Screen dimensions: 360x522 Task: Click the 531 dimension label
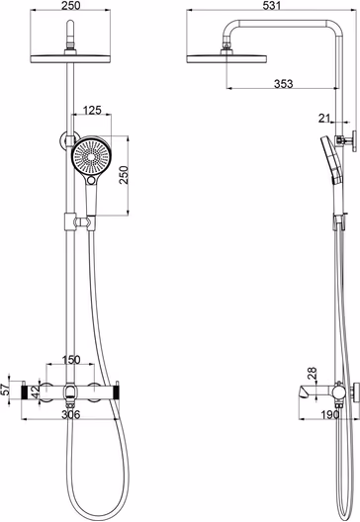[272, 5]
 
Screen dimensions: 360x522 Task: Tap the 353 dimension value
[284, 84]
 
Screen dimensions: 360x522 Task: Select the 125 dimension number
[92, 110]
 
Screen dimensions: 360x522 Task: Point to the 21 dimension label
[324, 118]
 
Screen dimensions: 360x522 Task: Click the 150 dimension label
[71, 360]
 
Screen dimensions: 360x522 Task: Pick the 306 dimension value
[71, 414]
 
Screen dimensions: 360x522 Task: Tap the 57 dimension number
[5, 390]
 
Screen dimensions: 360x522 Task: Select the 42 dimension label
[36, 391]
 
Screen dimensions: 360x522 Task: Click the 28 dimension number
[313, 373]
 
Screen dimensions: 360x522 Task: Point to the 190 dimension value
[330, 415]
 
